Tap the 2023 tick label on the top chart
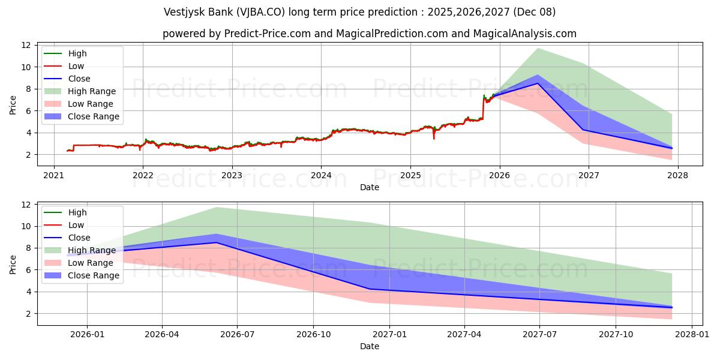pos(232,176)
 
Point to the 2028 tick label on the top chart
pos(677,176)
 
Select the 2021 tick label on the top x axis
pos(54,176)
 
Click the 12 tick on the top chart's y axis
pos(26,45)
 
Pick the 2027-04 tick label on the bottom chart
pos(464,335)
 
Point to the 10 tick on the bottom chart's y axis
pos(26,226)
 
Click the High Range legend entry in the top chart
pos(91,91)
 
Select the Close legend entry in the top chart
pos(79,79)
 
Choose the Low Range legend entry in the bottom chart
pos(91,263)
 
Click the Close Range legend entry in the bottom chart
pos(93,275)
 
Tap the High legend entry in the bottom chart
pos(77,212)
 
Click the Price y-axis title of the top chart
pos(13,105)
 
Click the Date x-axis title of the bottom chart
pos(370,346)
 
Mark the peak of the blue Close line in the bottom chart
pos(217,242)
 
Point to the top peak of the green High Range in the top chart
pos(538,48)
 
